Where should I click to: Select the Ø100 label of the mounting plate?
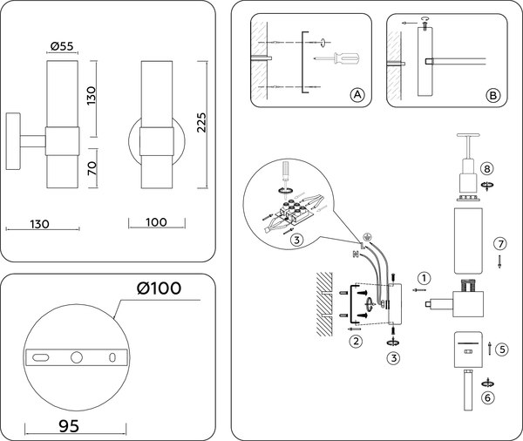click(160, 289)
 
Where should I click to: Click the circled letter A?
click(356, 94)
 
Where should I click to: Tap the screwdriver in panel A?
click(337, 59)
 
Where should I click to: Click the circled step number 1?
click(423, 279)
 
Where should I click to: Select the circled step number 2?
click(356, 341)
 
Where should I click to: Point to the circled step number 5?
click(503, 349)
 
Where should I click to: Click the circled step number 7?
click(499, 242)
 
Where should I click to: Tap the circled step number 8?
click(486, 167)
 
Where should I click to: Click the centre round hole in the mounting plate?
click(77, 356)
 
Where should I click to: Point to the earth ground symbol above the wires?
click(368, 234)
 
